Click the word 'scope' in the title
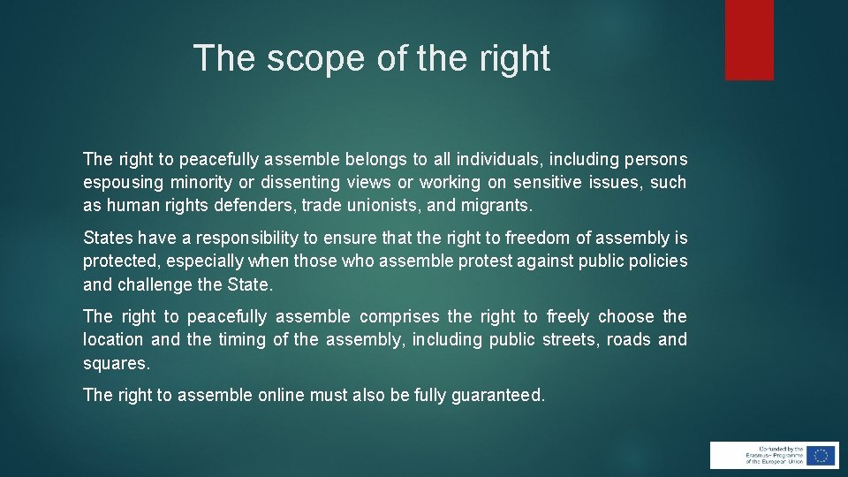(308, 58)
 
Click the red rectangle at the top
(749, 40)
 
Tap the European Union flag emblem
(821, 455)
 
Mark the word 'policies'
(658, 261)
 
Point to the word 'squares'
(117, 364)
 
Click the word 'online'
(280, 396)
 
